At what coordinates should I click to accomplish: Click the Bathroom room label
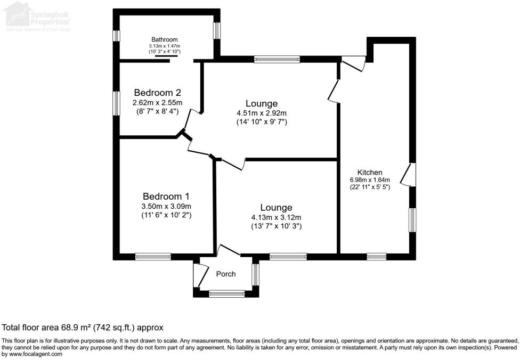click(164, 39)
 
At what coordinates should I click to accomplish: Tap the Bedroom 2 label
click(157, 92)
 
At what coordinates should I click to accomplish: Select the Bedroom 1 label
click(166, 195)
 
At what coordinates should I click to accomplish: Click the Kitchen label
click(370, 173)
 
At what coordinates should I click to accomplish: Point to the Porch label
click(225, 274)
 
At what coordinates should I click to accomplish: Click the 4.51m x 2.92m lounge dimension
click(262, 113)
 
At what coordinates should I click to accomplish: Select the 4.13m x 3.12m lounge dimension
click(277, 217)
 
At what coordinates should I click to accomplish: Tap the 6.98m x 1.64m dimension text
click(370, 180)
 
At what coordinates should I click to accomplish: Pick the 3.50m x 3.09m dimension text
click(166, 207)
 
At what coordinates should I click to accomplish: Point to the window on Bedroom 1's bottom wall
click(153, 257)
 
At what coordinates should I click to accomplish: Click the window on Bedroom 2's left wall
click(116, 103)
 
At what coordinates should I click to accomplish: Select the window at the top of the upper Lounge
click(277, 59)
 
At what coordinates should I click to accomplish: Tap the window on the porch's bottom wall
click(226, 293)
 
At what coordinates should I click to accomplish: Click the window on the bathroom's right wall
click(217, 30)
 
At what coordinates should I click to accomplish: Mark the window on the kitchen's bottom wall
click(377, 257)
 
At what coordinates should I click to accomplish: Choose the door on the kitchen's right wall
click(410, 174)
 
